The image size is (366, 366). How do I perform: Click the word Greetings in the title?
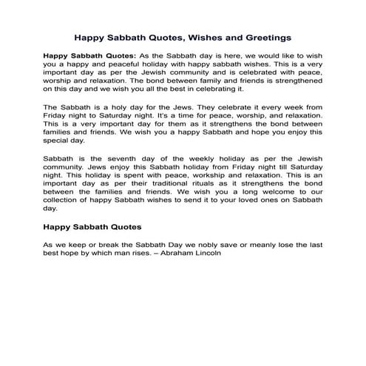262,35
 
